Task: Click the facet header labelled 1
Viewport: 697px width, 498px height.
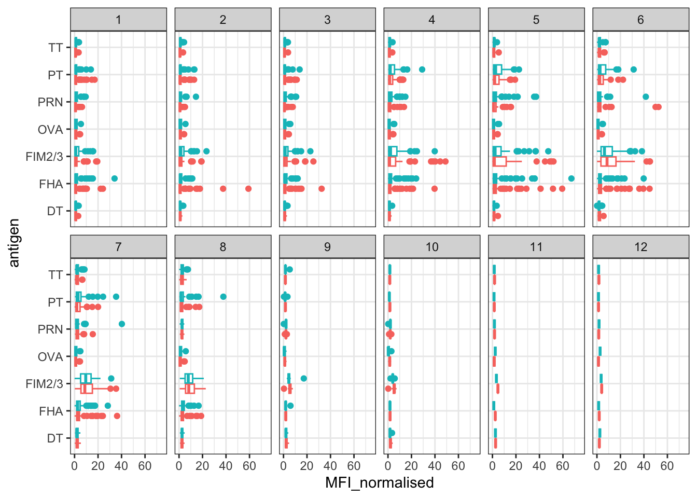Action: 118,20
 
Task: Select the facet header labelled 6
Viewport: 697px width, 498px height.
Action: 640,20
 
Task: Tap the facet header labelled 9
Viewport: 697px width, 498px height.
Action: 327,247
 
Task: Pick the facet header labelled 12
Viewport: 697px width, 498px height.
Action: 640,247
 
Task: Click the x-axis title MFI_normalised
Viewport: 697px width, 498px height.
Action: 379,483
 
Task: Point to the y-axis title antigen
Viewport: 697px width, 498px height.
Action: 14,243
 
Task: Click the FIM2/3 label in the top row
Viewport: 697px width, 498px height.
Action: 44,157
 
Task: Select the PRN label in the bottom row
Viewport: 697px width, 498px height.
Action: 50,329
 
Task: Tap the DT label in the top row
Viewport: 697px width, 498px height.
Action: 54,211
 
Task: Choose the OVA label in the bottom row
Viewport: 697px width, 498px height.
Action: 50,357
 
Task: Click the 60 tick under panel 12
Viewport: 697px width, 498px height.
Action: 667,466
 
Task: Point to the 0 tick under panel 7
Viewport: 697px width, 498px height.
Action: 74,466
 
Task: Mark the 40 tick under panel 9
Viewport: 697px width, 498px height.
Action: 330,466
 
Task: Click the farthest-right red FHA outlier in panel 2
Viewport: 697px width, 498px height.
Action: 248,189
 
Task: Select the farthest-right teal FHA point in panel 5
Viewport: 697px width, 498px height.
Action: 571,178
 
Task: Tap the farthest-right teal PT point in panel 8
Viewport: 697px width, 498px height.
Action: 224,297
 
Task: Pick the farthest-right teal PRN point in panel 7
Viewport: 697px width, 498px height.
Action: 122,324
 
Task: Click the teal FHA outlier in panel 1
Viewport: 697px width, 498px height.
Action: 115,178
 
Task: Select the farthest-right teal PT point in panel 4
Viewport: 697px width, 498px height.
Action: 422,70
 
